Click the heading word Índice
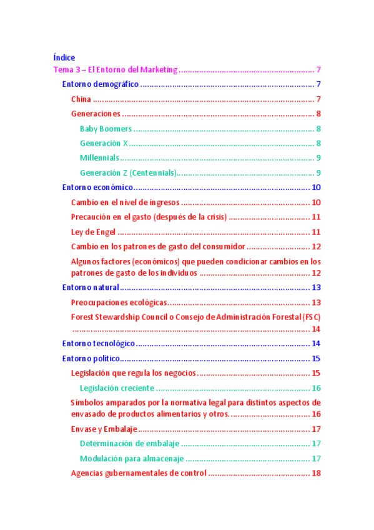click(x=64, y=57)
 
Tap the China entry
click(x=81, y=99)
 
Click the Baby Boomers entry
click(x=106, y=129)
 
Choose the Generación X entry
click(x=104, y=143)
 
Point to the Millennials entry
click(x=99, y=157)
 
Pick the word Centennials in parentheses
click(x=152, y=172)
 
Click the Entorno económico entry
click(x=97, y=187)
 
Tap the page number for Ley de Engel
click(x=316, y=232)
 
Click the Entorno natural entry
click(x=90, y=287)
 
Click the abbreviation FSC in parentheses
click(x=312, y=317)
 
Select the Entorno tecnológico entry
click(x=99, y=344)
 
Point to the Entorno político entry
click(x=91, y=358)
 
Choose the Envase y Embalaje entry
click(x=104, y=429)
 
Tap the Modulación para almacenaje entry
click(x=130, y=458)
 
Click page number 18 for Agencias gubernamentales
click(x=316, y=473)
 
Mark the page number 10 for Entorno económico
click(x=316, y=187)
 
